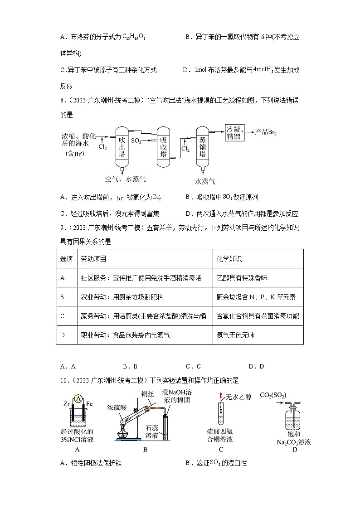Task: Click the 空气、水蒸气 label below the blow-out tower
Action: [125, 179]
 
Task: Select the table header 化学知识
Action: [229, 259]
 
